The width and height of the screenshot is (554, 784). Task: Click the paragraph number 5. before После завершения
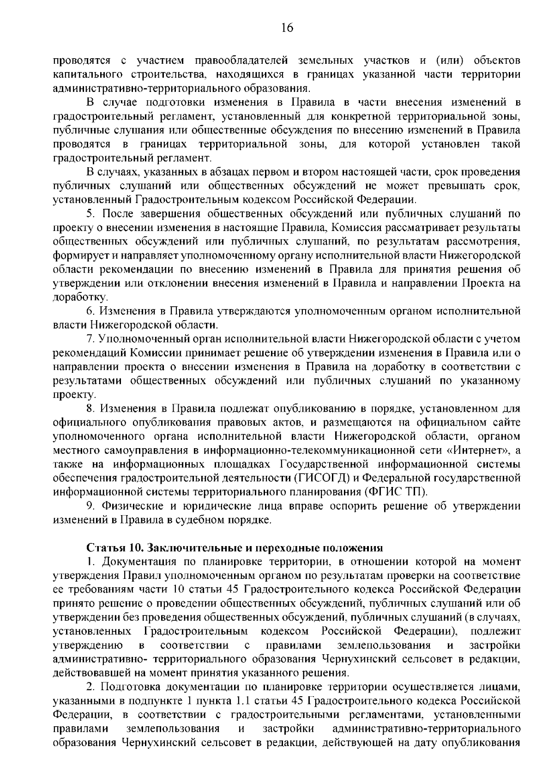click(90, 213)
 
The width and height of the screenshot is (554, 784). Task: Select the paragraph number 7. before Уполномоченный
click(90, 339)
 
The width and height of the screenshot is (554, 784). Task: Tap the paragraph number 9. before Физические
click(90, 506)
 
